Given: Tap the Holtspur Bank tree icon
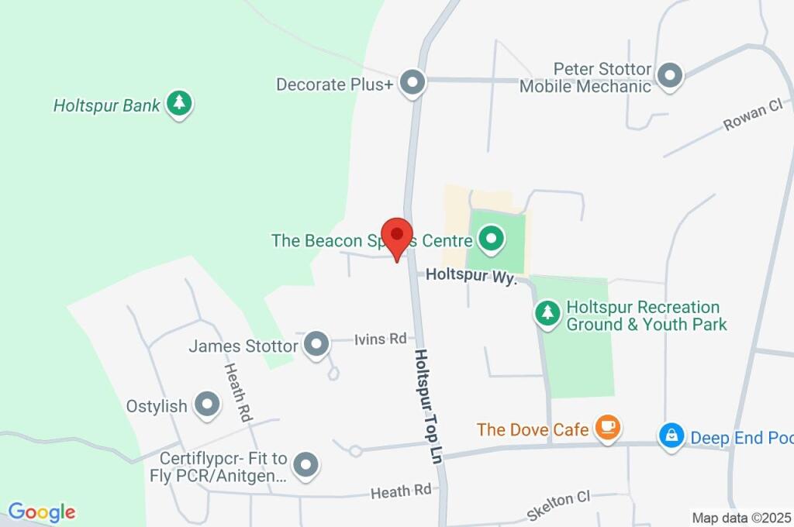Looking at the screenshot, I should (180, 105).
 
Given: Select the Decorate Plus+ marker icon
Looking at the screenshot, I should (413, 84).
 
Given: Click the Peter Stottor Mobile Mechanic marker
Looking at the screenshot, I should (669, 76).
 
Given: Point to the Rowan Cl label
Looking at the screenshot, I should (753, 115).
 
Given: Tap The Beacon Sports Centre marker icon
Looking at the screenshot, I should (490, 239).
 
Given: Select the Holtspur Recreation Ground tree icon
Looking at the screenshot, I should (548, 314).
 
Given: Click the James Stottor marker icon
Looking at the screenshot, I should (316, 345).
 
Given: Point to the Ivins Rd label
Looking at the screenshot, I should (381, 339).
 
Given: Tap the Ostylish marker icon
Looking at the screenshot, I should (207, 405).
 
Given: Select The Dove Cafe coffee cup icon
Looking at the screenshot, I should (608, 427).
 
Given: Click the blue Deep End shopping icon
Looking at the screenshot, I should (670, 436).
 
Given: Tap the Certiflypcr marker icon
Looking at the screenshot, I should (307, 464).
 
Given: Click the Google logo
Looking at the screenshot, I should (42, 512).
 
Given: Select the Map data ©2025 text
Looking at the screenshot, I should (741, 518).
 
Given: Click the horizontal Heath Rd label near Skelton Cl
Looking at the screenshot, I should (400, 491).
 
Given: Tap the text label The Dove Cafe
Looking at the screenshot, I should (533, 429).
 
